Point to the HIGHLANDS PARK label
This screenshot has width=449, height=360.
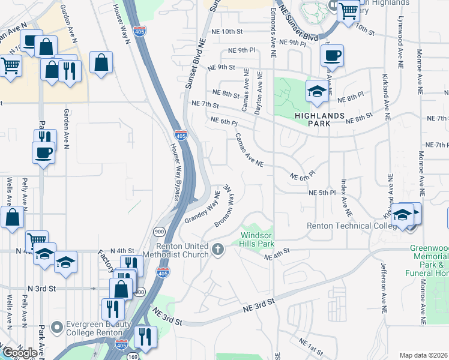(319, 119)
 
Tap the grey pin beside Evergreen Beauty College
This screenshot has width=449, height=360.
(57, 328)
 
